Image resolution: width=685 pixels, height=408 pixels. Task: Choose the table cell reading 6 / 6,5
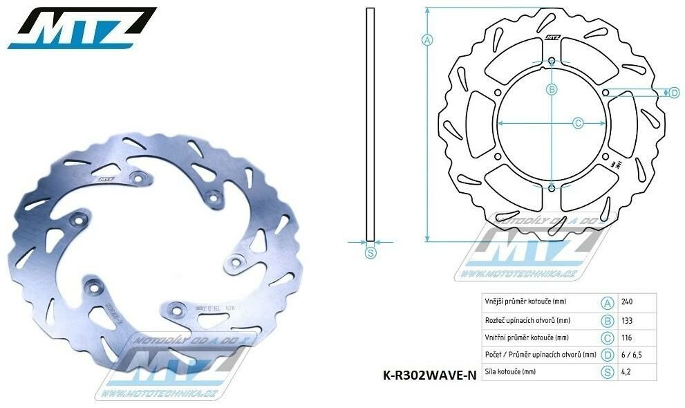pos(629,355)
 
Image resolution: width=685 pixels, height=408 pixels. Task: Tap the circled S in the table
pos(608,372)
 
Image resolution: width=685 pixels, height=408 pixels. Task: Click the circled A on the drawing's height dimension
pos(427,39)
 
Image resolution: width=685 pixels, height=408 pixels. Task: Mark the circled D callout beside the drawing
pos(675,93)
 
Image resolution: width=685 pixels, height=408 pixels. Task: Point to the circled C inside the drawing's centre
pos(579,122)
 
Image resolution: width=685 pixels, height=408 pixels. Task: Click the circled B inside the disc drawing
pos(552,89)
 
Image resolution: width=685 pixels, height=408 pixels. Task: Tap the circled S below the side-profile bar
pos(370,253)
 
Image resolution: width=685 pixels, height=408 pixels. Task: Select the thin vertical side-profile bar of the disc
pos(370,124)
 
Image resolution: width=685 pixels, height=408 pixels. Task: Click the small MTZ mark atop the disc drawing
pos(552,39)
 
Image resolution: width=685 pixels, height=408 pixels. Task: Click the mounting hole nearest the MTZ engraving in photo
pos(138,179)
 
